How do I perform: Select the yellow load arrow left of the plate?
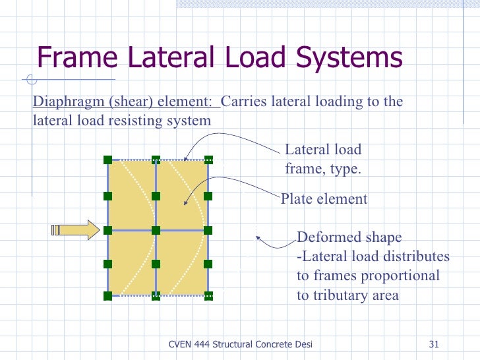(76, 229)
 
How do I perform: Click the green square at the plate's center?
(156, 230)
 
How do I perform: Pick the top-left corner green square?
(107, 160)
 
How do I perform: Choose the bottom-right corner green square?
(208, 296)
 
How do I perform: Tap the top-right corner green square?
(208, 160)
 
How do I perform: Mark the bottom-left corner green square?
(107, 296)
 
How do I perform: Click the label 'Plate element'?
(324, 199)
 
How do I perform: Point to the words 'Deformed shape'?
(349, 237)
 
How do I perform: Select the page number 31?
(434, 344)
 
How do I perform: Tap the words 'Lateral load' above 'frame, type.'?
(323, 150)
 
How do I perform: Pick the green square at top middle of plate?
(156, 160)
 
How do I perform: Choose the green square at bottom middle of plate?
(156, 296)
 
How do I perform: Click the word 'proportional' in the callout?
(400, 276)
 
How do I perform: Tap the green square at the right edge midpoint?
(208, 230)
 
